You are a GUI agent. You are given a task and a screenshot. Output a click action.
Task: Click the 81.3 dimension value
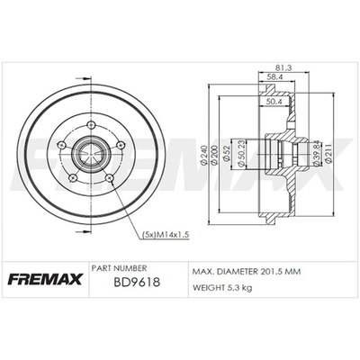coord(283,67)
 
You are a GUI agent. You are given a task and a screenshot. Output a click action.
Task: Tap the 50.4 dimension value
coord(274,102)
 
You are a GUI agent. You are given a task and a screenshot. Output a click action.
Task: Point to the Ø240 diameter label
coord(204,155)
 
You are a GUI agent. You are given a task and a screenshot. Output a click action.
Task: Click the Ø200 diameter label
coord(214,155)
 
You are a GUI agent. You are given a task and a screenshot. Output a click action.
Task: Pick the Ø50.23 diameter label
coord(239,155)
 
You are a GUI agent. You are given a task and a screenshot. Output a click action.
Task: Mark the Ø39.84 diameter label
coord(316,154)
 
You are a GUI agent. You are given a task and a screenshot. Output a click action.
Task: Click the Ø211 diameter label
coord(328,154)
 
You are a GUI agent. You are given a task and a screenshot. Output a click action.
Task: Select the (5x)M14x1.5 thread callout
coord(165,235)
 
